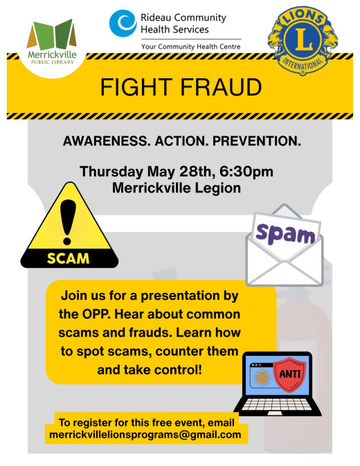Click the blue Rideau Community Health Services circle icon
[123, 22]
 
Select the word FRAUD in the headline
[223, 88]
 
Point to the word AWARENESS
[102, 142]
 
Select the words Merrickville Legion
[179, 187]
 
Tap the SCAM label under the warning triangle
[67, 258]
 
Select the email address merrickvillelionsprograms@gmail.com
[145, 436]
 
